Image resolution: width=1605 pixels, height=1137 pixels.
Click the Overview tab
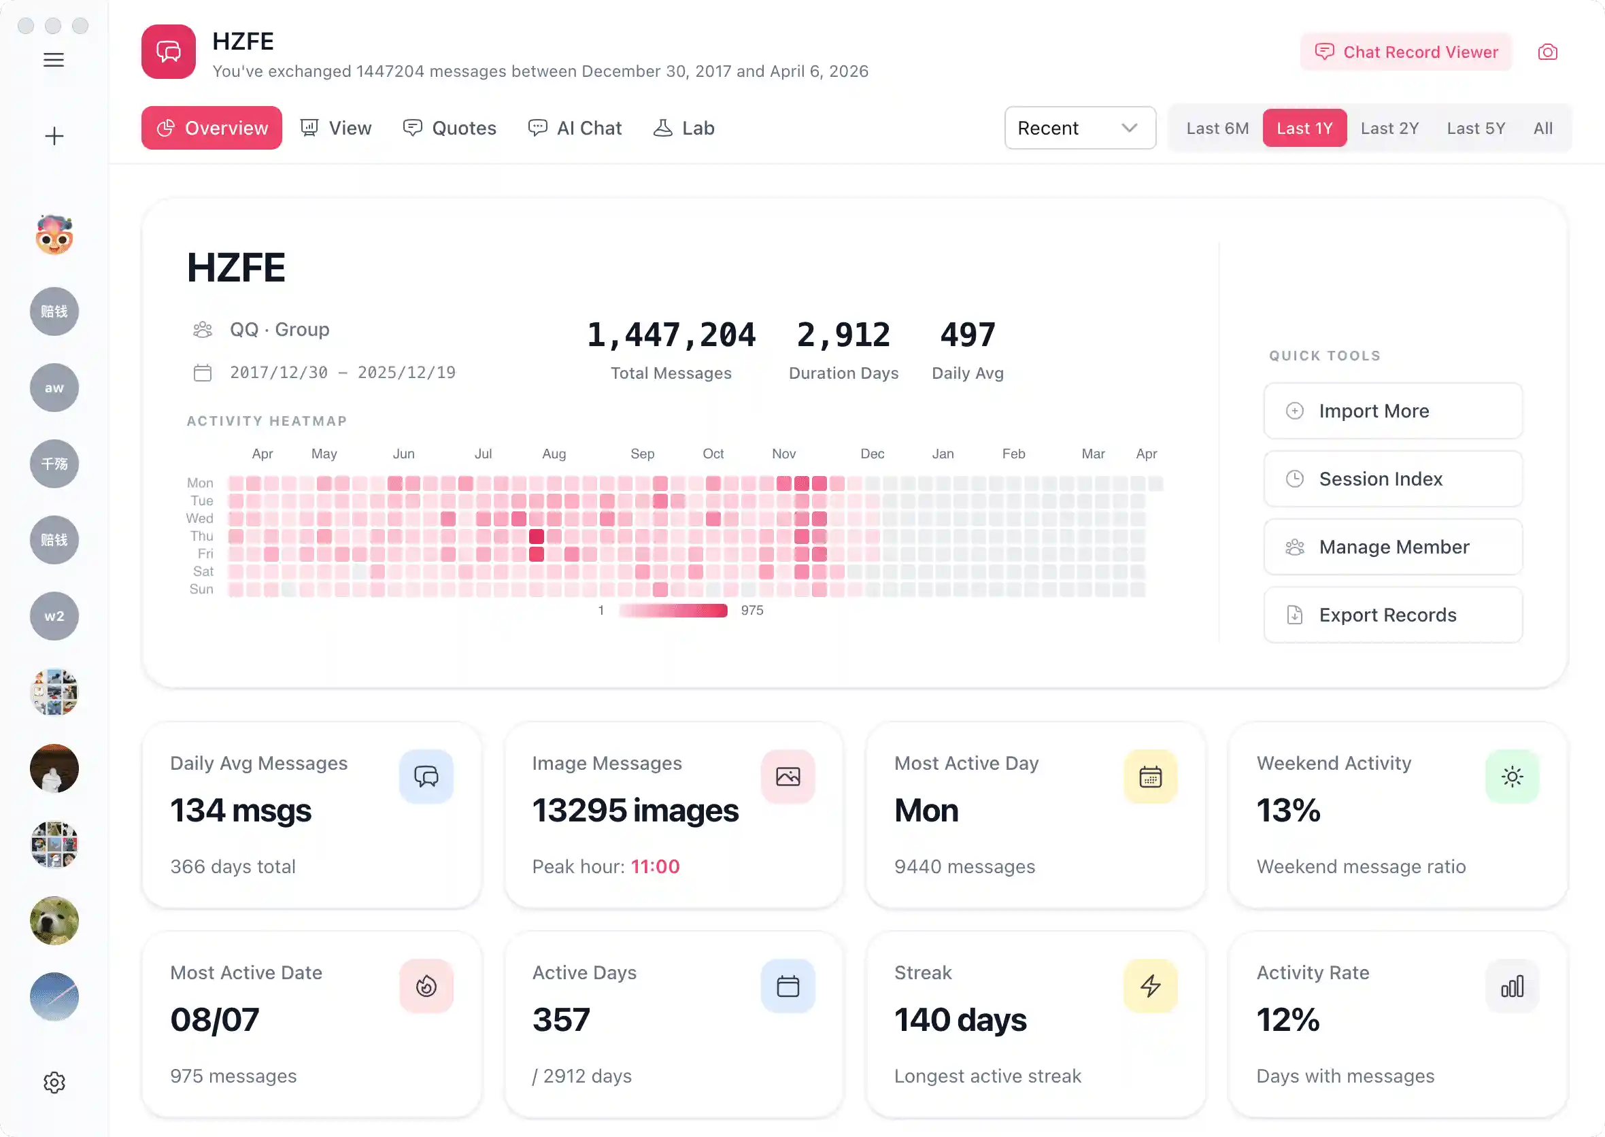212,128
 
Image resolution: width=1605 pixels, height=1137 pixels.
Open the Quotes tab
450,128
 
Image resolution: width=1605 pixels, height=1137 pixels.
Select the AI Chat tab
575,128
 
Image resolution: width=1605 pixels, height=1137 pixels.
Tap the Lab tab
684,128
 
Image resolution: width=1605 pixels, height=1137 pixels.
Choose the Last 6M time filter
1217,128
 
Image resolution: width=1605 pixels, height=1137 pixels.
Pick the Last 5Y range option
1476,128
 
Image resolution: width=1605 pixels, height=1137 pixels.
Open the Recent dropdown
1079,128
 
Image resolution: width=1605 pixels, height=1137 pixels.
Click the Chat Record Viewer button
1406,52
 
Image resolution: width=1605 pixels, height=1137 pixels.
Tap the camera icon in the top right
1547,52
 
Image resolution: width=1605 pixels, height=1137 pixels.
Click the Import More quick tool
1392,411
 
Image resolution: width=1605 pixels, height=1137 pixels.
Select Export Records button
1392,615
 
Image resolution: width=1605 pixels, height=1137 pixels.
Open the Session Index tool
1392,479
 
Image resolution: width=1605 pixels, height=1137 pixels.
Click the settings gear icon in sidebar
54,1083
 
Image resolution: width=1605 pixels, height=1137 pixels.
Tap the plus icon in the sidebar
54,136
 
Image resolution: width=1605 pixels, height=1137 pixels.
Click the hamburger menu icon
54,60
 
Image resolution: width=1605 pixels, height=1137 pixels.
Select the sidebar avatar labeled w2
54,616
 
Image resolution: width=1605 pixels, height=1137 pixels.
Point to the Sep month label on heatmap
642,454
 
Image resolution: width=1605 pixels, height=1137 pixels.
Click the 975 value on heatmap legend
752,611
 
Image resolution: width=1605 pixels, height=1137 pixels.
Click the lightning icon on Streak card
1150,986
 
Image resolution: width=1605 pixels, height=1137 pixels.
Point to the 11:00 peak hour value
655,867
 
